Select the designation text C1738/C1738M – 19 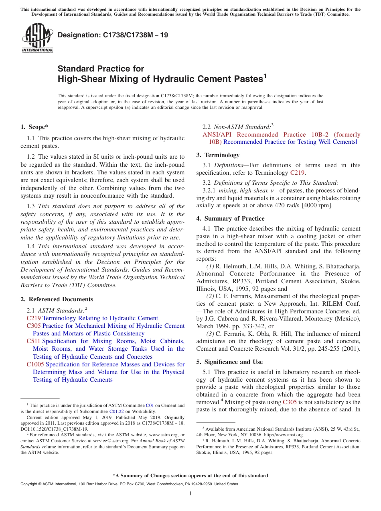113,35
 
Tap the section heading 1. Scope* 34,127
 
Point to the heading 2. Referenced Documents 57,299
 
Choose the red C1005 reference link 35,364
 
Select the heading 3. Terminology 218,155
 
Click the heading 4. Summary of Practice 230,219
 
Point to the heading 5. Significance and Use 229,362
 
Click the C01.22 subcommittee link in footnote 116,411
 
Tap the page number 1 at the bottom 190,493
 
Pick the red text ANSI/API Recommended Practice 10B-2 281,135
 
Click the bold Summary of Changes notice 190,476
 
